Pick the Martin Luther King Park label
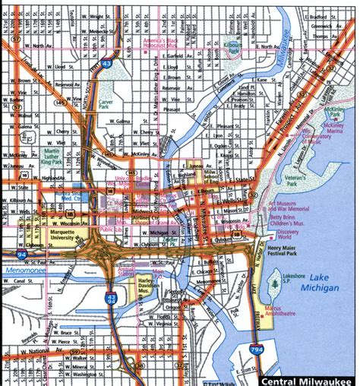pyautogui.click(x=54, y=158)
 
